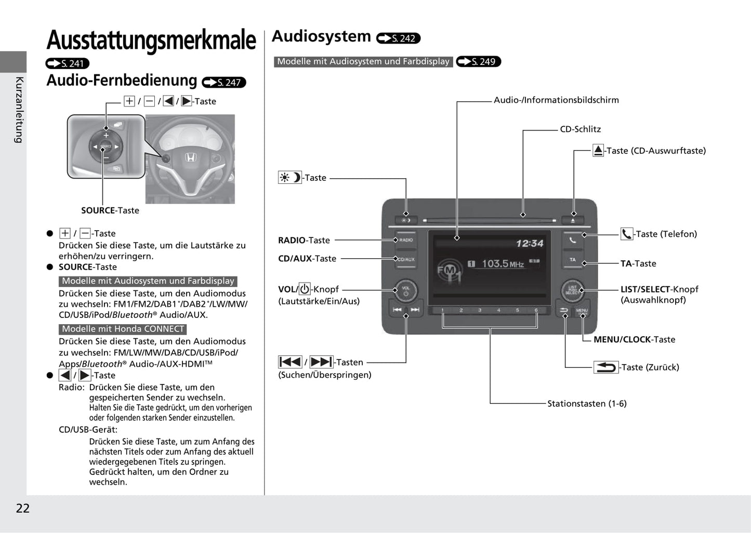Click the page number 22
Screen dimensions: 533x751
[x=23, y=508]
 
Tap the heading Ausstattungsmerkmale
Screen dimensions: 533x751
[x=151, y=41]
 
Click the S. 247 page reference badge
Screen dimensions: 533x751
[x=224, y=83]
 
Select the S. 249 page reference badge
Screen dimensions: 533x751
[x=478, y=62]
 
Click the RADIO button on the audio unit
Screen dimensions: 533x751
[x=406, y=240]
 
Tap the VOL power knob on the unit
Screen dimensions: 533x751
[x=405, y=290]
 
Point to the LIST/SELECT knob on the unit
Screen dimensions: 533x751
[x=572, y=290]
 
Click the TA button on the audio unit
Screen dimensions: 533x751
[x=572, y=259]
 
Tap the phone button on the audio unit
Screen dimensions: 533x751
[x=572, y=240]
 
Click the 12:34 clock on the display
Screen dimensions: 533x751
[x=529, y=243]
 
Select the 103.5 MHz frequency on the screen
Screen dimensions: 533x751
[x=502, y=264]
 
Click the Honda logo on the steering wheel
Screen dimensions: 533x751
[x=191, y=157]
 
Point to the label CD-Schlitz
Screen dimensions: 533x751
[x=580, y=129]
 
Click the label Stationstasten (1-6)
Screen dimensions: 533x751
[x=587, y=404]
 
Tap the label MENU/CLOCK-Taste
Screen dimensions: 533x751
[x=634, y=340]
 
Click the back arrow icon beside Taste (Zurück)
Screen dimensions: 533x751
[x=606, y=367]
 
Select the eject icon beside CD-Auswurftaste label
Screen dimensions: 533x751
[x=598, y=151]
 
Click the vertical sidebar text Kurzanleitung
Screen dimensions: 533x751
[x=19, y=110]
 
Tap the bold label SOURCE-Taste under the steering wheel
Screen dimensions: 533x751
[x=110, y=210]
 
